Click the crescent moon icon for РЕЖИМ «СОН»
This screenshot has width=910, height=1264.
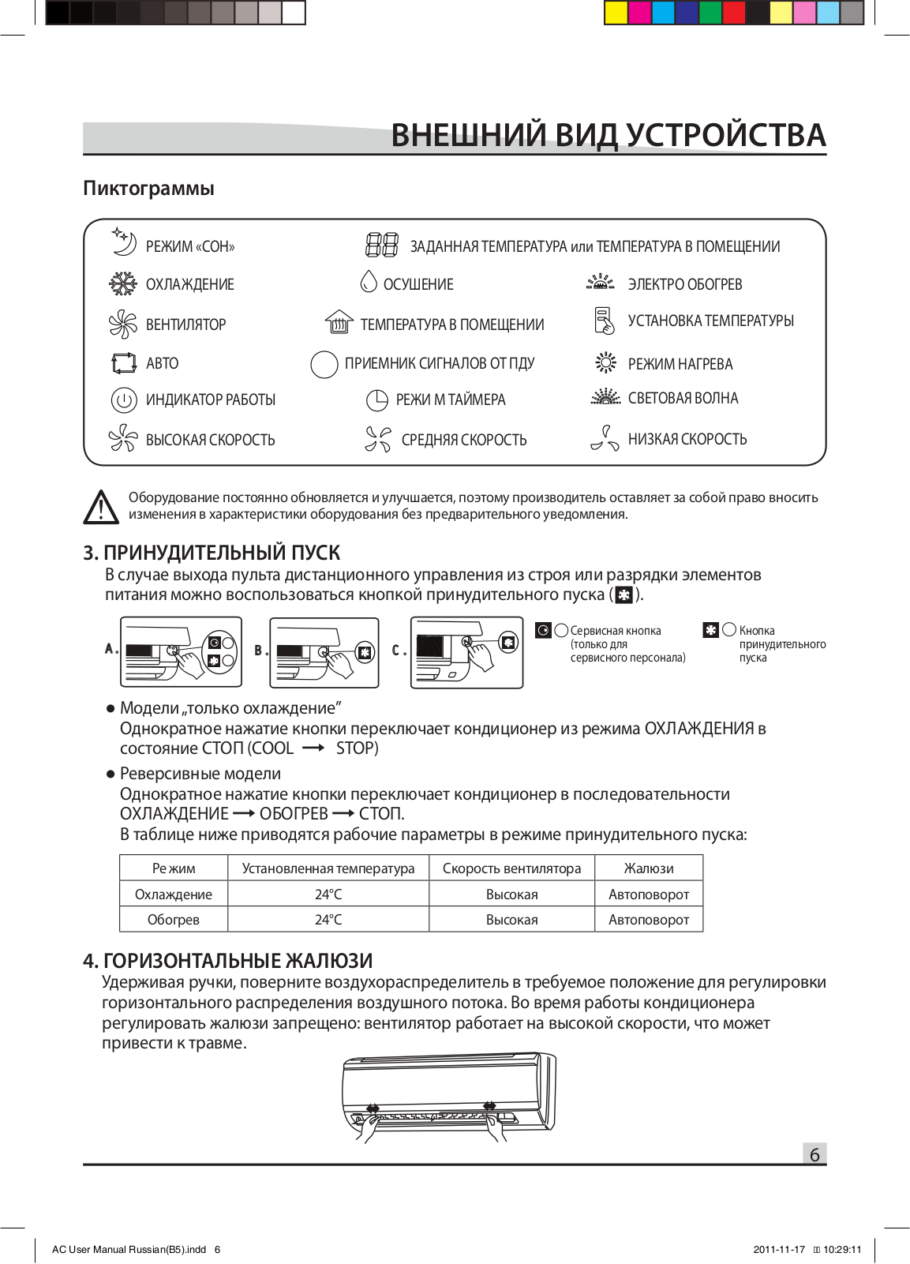coord(124,243)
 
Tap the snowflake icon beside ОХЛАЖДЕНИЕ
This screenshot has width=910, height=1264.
coord(122,284)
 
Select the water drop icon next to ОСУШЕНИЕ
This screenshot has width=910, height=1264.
coord(369,281)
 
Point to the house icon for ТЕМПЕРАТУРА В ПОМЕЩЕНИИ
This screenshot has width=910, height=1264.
coord(339,322)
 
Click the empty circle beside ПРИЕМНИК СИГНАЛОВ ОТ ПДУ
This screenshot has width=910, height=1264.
coord(324,364)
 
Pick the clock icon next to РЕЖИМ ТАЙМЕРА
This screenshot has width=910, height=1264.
coord(377,400)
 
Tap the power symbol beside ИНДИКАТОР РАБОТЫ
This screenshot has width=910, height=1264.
coord(124,400)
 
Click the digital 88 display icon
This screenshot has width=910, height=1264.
coord(382,245)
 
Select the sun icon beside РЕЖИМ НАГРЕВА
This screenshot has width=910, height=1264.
coord(605,362)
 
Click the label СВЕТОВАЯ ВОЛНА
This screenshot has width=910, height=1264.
coord(683,399)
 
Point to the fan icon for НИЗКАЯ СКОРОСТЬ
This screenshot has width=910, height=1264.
coord(605,438)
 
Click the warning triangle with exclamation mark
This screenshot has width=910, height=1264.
coord(101,507)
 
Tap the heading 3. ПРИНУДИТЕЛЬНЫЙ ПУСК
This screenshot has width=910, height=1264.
coord(212,553)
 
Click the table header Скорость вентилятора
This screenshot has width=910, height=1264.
coord(511,868)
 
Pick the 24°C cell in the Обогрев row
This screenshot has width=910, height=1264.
coord(328,920)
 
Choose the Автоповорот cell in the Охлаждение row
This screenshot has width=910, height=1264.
coord(649,895)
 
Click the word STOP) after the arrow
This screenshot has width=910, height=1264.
coord(357,748)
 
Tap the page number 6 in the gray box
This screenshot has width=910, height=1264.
coord(815,1154)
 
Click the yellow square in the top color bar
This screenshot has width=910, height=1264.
coord(616,13)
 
